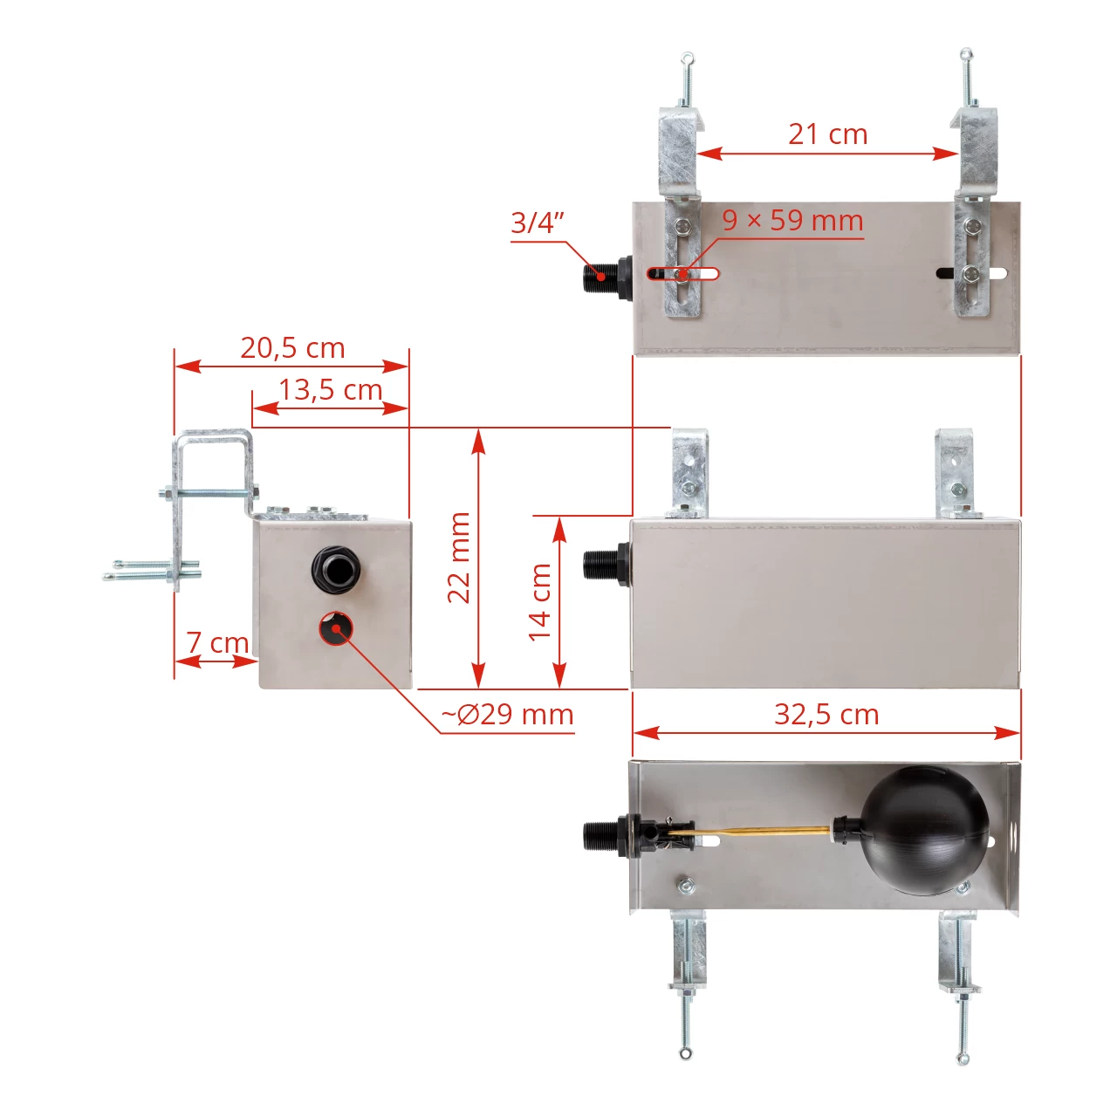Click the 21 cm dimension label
coord(827,134)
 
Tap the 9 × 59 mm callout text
coord(792,220)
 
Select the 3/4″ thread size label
coord(537,223)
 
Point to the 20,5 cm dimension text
coord(292,347)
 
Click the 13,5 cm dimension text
coord(330,389)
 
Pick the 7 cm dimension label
coord(217,642)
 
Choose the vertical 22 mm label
coord(459,558)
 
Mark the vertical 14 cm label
coord(540,601)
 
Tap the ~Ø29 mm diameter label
coord(507,715)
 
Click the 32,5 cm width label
coord(826,715)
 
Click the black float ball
coord(925,830)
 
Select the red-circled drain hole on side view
coord(335,629)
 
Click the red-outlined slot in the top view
coord(682,274)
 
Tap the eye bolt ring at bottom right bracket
coord(963,1059)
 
